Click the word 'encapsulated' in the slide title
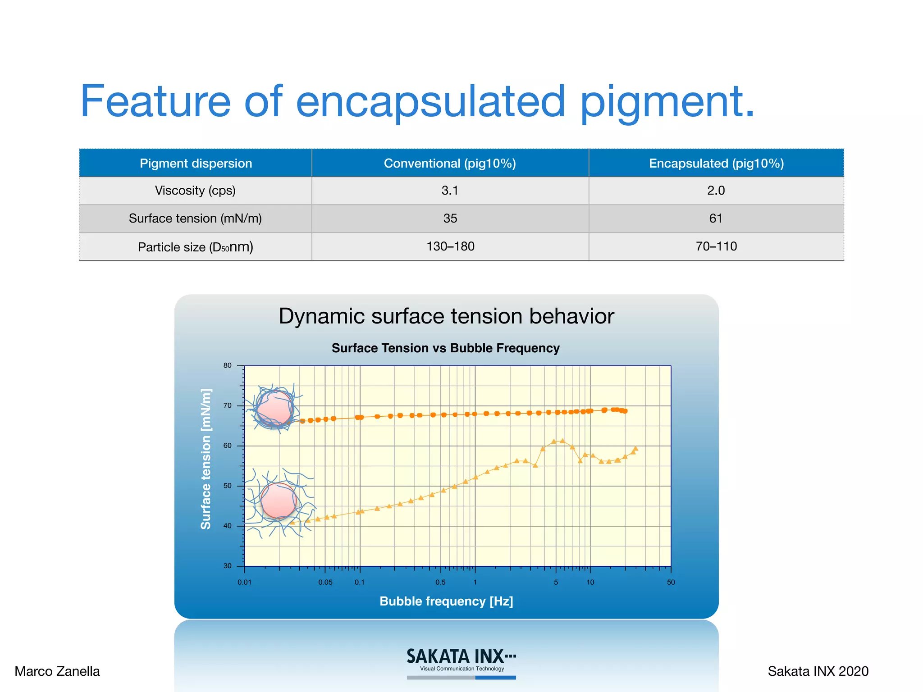tap(430, 102)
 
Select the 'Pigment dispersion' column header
tap(196, 163)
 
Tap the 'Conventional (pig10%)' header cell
tap(450, 163)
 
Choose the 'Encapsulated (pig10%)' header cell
tap(716, 163)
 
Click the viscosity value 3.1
tap(450, 191)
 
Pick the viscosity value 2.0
tap(716, 191)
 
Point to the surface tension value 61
tap(716, 219)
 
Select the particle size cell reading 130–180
tap(450, 246)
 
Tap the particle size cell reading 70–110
tap(716, 246)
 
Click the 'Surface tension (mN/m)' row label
tap(195, 219)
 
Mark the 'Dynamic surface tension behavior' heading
tap(446, 316)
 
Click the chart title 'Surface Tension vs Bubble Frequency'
tap(446, 348)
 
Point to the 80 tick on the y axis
tap(228, 365)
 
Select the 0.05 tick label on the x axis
tap(325, 582)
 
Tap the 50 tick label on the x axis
tap(671, 582)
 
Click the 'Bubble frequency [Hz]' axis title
tap(446, 601)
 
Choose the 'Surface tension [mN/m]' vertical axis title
tap(206, 459)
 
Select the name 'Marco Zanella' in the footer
tap(57, 671)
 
